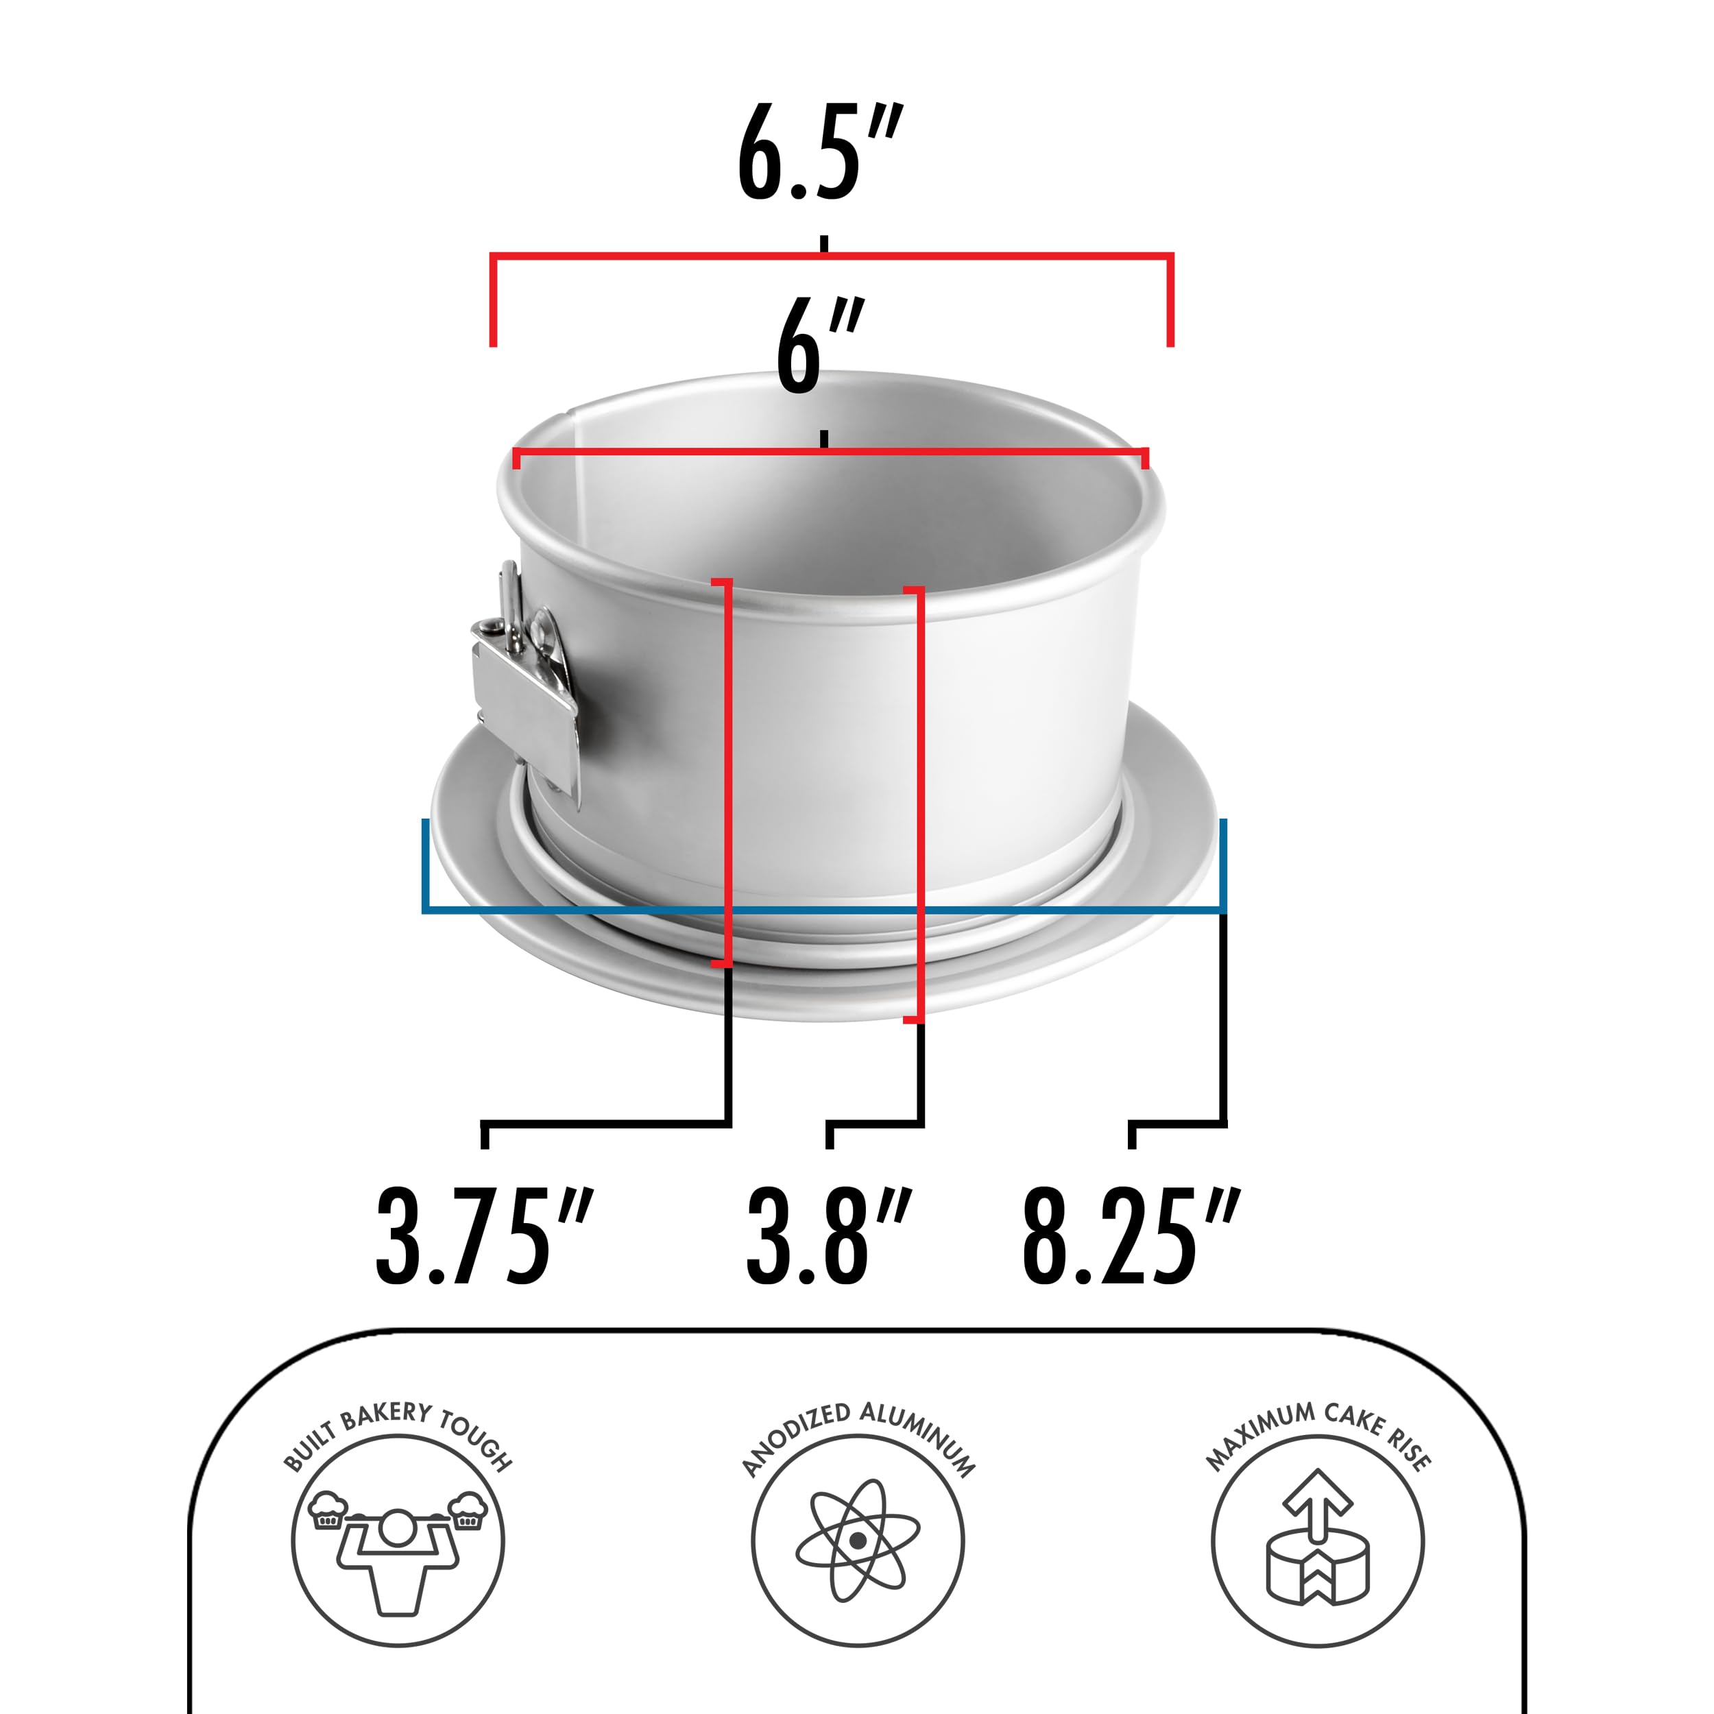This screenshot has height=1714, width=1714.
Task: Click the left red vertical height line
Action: tap(728, 772)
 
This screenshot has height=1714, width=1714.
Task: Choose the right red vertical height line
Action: tap(920, 799)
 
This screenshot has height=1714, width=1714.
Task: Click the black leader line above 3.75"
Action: tap(607, 1124)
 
